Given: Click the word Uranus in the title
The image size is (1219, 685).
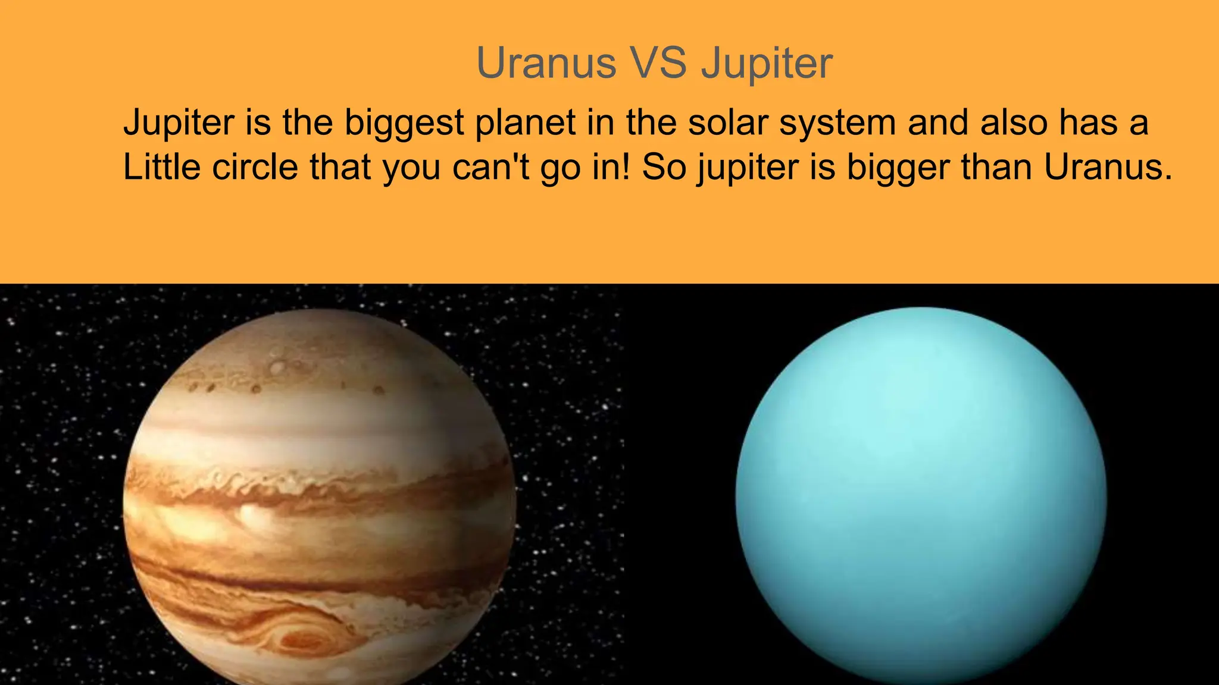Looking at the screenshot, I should coord(546,62).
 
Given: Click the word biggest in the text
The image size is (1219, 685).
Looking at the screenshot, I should coord(404,123).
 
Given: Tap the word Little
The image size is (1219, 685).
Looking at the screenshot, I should coord(161,166).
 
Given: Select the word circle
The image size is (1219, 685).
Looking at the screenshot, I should coord(255,166).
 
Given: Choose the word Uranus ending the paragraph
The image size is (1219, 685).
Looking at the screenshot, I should coord(1108,166).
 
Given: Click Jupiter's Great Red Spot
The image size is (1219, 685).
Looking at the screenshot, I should coord(304,639).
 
